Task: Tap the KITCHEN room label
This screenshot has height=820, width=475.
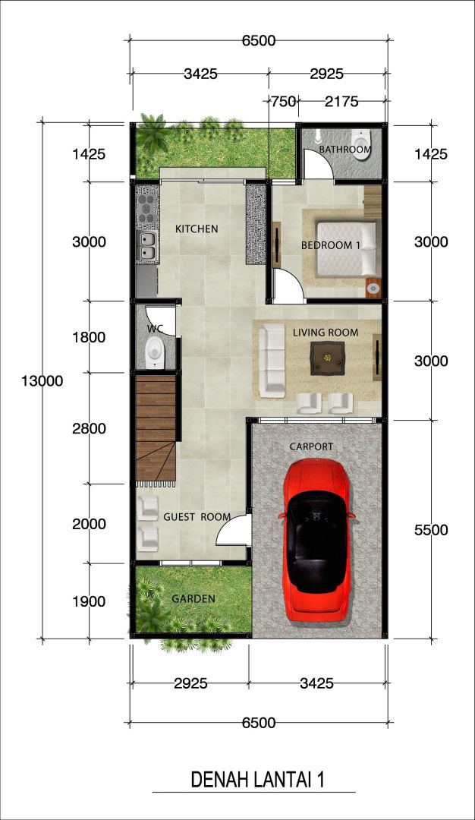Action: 197,229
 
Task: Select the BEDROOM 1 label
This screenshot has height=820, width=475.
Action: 331,244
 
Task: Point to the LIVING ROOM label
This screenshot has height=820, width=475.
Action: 326,333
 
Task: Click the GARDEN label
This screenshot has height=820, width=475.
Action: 193,599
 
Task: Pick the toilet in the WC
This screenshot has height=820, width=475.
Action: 153,350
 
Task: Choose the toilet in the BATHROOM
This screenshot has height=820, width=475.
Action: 361,140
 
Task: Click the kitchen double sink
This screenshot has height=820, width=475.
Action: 147,246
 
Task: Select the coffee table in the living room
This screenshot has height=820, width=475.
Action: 328,358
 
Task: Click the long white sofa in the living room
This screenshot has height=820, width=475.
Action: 272,359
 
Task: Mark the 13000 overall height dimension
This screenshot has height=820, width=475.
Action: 42,380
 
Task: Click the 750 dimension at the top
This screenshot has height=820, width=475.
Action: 284,102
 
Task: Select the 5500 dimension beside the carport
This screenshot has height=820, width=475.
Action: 431,530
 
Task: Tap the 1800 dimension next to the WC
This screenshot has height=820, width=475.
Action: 89,337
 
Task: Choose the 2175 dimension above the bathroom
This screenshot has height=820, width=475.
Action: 341,102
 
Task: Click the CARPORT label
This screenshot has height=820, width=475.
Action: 311,446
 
